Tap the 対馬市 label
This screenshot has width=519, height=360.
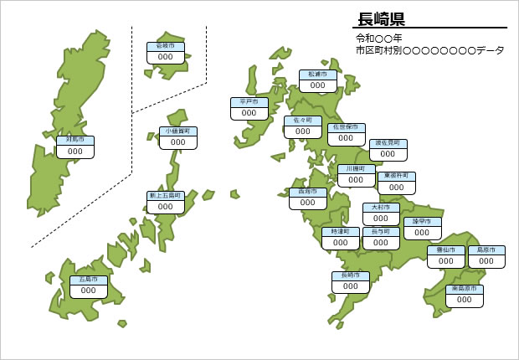pos(75,141)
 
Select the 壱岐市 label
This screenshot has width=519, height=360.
pos(166,46)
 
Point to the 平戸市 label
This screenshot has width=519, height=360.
pos(249,102)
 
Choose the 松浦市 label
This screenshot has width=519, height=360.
pos(318,75)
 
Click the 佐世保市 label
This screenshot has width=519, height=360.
pos(346,127)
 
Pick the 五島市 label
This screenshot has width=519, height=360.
pos(88,280)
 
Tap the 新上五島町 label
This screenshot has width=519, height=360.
pos(166,195)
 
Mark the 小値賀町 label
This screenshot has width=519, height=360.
pos(178,131)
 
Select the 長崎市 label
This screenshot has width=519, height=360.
pos(351,275)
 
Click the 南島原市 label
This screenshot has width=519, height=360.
pos(465,289)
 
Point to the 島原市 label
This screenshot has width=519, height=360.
pos(486,250)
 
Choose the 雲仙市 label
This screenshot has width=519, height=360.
pos(445,250)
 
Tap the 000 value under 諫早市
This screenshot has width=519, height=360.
pos(422,234)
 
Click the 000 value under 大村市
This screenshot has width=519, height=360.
pos(381,219)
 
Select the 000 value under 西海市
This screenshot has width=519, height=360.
pos(307,203)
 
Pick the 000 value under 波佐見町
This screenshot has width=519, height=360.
pos(388,155)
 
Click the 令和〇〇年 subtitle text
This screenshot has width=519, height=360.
pos(378,39)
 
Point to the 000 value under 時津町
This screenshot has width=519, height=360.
pos(341,243)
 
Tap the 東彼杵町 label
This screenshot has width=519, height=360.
pos(397,176)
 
